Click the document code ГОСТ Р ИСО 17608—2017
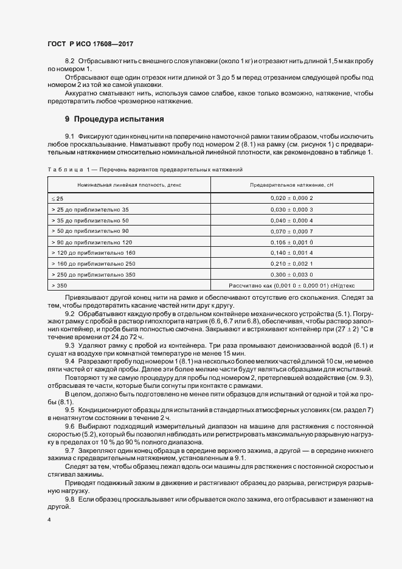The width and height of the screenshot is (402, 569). [90, 44]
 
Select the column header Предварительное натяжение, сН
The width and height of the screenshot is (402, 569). [292, 184]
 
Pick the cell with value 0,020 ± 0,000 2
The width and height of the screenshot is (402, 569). [292, 198]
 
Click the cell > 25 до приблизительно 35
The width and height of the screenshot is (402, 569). [91, 209]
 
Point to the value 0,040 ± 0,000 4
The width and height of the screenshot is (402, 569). [292, 219]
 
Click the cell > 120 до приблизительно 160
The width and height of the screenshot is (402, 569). [94, 252]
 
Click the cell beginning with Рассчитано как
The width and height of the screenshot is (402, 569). [292, 284]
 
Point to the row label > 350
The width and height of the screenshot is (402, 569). [60, 284]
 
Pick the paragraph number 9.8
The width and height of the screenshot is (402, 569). [69, 498]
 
